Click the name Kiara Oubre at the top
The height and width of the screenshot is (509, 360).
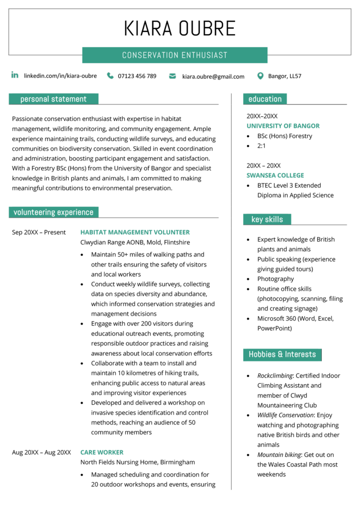[180, 28]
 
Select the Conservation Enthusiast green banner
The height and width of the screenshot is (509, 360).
[175, 55]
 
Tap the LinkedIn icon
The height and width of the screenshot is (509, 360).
[15, 76]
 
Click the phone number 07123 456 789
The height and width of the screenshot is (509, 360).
[137, 76]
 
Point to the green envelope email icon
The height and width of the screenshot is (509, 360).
[173, 76]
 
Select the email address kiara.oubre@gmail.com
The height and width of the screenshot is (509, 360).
[213, 77]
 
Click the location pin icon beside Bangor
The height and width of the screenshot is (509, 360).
[260, 76]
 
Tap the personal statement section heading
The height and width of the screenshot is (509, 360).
[53, 99]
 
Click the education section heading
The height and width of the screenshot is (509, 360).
[265, 99]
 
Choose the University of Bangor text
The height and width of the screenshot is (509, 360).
[283, 126]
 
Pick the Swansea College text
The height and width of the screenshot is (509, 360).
[275, 175]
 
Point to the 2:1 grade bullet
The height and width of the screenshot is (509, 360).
[262, 146]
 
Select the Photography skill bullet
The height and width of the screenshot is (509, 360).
[275, 279]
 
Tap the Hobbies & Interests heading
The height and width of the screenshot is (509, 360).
[282, 354]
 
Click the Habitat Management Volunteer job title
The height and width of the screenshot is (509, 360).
[135, 232]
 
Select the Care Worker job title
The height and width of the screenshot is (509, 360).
[102, 452]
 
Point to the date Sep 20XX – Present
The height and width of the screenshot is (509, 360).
[39, 232]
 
